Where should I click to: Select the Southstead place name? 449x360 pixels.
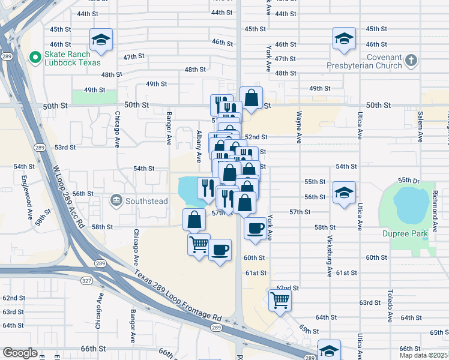[146, 201]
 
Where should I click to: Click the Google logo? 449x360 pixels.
[20, 353]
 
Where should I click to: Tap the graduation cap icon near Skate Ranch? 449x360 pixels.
[101, 40]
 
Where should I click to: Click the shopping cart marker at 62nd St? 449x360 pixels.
[280, 299]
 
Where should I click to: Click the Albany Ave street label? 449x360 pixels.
[199, 146]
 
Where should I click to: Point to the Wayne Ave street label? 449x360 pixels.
[298, 127]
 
